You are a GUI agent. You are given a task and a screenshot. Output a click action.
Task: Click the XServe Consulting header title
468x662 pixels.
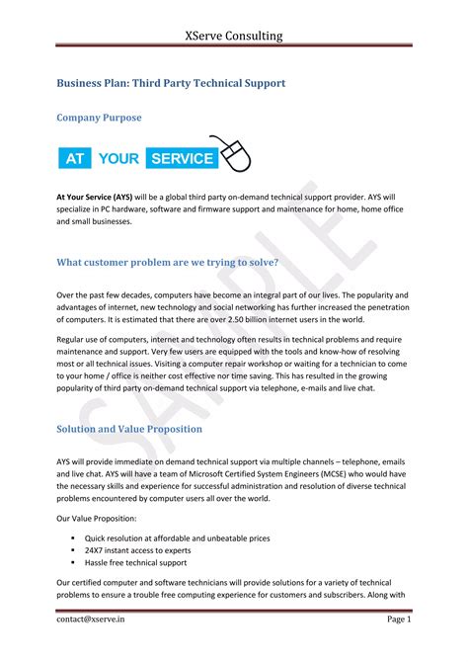pos(234,36)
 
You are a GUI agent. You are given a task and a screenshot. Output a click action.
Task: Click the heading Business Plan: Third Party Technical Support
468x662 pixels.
pos(171,83)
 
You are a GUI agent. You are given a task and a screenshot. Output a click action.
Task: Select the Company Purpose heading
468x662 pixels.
pos(99,118)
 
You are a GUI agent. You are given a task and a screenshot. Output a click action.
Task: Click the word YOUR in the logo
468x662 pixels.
pos(118,157)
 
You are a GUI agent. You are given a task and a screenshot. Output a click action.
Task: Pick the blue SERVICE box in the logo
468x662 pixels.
pos(180,157)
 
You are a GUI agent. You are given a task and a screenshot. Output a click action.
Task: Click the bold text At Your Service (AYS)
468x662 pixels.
pos(95,197)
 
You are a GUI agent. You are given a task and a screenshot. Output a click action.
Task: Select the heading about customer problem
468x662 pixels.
pos(167,262)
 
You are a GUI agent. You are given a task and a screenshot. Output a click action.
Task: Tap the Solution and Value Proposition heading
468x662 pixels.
pos(129,429)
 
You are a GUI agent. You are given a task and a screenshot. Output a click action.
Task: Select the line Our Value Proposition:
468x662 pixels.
pos(96,518)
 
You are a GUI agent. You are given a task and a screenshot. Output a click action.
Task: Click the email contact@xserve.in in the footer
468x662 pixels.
pos(90,619)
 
